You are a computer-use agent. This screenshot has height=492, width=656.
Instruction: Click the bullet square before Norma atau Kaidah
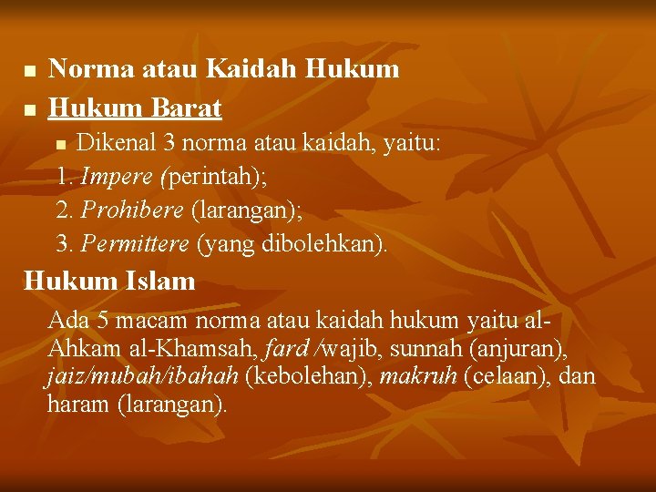coord(28,70)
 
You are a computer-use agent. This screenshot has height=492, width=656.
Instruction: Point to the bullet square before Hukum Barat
coord(28,110)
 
